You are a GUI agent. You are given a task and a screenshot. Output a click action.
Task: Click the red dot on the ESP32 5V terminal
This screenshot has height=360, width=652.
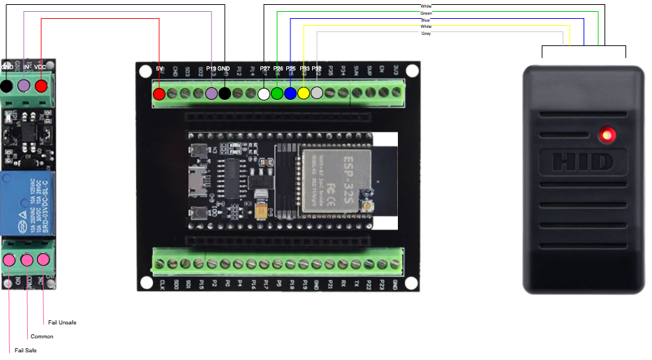tap(159, 93)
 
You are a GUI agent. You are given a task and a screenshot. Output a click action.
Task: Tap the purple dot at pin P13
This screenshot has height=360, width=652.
tap(212, 93)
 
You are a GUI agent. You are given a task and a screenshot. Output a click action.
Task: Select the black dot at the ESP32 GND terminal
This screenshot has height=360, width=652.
tap(225, 93)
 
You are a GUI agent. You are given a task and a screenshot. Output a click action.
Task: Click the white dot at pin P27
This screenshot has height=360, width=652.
tap(264, 93)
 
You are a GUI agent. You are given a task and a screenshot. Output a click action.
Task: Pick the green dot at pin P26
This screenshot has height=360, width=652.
tap(277, 93)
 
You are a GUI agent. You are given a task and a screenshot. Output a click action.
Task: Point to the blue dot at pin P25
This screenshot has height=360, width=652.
tap(290, 93)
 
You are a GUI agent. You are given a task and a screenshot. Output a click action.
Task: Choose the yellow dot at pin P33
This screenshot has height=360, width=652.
tap(304, 93)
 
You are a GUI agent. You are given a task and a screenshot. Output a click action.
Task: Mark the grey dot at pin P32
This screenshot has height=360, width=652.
tap(317, 93)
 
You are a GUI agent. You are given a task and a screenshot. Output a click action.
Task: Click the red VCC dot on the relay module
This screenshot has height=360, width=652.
tap(41, 86)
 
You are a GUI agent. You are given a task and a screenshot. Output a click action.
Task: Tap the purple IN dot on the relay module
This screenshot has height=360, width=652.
tap(24, 86)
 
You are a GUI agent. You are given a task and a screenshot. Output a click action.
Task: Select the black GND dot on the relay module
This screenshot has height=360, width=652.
tap(6, 86)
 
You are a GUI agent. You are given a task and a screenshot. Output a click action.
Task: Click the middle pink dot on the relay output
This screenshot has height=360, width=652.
tap(27, 260)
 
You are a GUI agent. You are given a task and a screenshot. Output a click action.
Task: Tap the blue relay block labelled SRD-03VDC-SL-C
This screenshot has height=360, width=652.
tap(28, 204)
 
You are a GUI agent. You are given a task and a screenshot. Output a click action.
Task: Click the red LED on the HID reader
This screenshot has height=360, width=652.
tap(607, 134)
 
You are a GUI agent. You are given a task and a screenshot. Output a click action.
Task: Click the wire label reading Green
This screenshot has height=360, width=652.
tap(426, 13)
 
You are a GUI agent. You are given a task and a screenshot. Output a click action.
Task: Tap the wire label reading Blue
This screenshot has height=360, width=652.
tap(426, 20)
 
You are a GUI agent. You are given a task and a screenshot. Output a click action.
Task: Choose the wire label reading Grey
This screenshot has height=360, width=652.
tap(427, 33)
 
